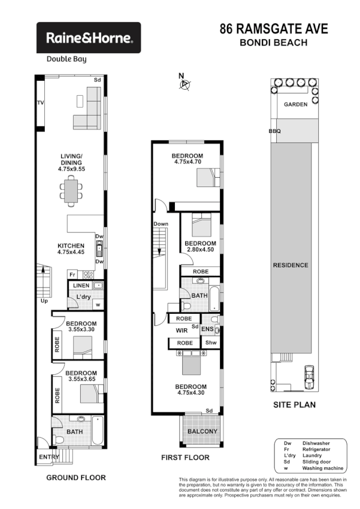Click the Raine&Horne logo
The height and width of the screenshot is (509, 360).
coord(89,38)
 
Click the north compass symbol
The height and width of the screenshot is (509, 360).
coord(184,84)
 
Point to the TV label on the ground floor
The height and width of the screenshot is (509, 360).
coord(41,104)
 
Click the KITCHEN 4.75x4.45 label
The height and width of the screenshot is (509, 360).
coord(71,250)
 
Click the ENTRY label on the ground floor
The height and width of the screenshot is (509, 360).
coord(50,457)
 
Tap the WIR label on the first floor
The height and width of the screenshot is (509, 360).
coord(183,330)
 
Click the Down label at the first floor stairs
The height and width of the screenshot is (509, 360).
coord(161,224)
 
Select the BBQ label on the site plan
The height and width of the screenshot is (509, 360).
coord(274,131)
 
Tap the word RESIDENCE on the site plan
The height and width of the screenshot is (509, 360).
coord(291,265)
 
